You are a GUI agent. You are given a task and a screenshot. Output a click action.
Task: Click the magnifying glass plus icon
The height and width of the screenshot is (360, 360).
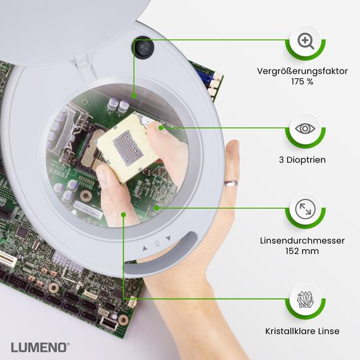(306, 42)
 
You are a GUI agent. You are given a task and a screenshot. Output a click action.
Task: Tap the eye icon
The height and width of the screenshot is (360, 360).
(306, 129)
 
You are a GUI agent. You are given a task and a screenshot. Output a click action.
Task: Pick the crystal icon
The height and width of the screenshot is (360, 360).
(306, 299)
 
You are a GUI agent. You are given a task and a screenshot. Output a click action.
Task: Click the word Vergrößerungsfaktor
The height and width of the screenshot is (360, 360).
(302, 71)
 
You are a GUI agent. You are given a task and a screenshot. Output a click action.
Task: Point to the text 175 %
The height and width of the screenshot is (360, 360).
(302, 82)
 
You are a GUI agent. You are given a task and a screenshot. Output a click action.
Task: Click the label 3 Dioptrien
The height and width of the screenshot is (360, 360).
(302, 160)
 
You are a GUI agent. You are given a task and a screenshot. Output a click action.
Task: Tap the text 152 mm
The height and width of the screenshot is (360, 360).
(302, 251)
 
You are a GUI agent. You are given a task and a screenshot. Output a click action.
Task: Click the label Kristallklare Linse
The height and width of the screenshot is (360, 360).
(302, 331)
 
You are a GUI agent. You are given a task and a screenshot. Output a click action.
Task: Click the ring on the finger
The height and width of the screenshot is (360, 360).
(231, 183)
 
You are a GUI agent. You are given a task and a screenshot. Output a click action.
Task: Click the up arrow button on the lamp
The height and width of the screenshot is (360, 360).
(144, 248)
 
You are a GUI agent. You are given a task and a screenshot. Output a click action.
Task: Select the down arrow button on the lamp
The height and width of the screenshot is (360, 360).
(168, 239)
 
